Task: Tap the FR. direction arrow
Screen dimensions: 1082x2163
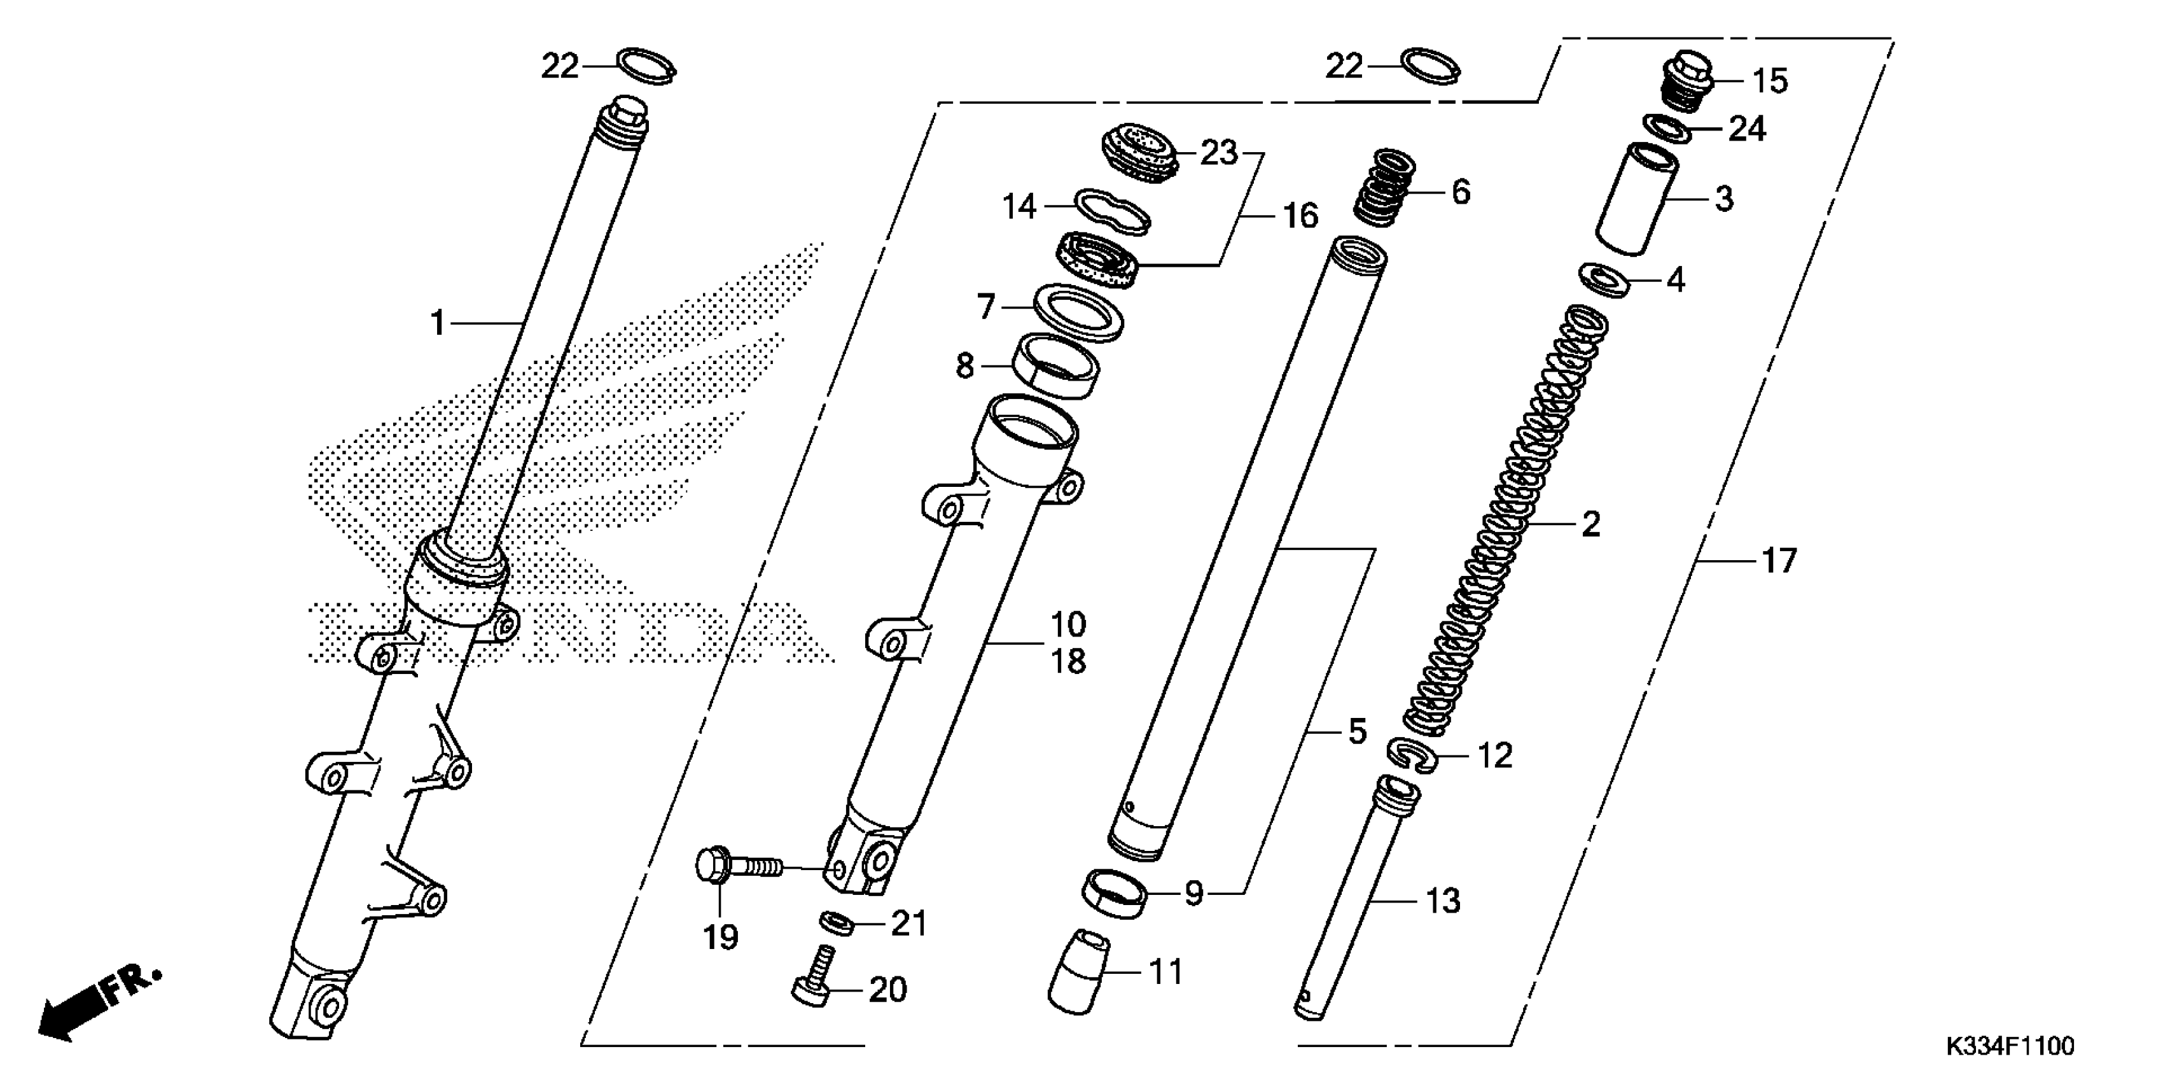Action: click(97, 1003)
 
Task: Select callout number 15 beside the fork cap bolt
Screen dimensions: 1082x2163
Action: click(1770, 81)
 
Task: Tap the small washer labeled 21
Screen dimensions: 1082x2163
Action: click(837, 922)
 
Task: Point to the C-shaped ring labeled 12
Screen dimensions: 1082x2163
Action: click(1412, 754)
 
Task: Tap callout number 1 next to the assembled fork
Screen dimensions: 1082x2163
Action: click(436, 323)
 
